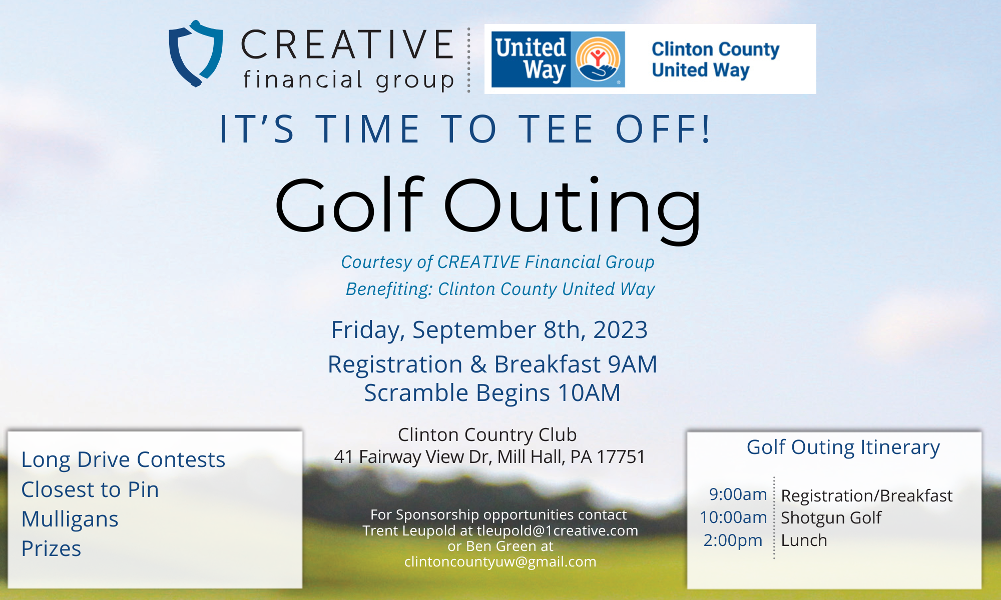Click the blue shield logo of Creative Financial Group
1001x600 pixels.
[196, 53]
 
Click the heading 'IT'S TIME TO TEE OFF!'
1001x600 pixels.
[465, 129]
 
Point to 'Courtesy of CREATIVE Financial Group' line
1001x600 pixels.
[497, 262]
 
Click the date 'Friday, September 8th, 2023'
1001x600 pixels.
[489, 330]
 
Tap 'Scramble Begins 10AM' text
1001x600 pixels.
[492, 393]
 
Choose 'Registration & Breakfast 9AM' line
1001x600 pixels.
[492, 364]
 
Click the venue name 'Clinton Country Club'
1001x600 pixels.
[487, 435]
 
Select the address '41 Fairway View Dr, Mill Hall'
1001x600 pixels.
[489, 456]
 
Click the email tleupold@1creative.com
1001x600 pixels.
[557, 530]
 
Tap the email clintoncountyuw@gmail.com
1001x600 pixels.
[500, 562]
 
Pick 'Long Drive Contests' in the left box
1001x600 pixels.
[123, 459]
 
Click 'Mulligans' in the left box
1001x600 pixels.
[70, 519]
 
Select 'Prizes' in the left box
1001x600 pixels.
[51, 548]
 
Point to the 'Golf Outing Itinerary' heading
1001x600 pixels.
[843, 447]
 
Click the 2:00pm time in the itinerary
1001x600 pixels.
[733, 540]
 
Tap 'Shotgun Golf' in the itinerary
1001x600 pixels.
[831, 518]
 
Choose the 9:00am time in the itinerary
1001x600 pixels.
[738, 494]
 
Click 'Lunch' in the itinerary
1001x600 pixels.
[804, 540]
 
